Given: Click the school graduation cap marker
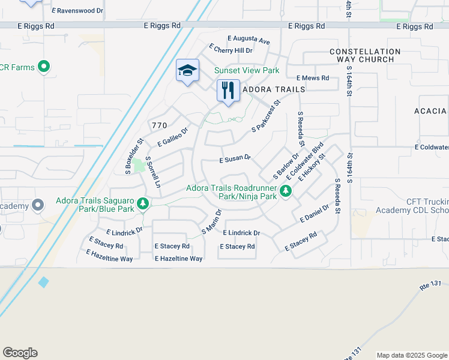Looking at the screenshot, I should pos(187,71).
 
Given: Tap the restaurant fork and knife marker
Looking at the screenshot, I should pos(228,91).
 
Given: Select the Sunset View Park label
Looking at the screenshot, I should pos(247,71).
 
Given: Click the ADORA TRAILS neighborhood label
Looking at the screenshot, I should pos(274,89).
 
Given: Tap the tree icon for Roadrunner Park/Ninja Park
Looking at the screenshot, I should pos(286,191).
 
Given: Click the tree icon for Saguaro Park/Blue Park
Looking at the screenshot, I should pos(143,205).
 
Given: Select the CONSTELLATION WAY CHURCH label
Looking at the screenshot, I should pos(365,56).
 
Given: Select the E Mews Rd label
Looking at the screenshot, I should pos(313,78).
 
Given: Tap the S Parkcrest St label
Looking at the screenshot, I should pos(266,116).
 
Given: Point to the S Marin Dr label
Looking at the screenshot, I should pos(212,221).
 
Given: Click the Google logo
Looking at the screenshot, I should pos(20,353).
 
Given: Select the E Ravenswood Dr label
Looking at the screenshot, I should pos(77,11).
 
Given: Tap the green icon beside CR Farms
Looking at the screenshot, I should pos(43,67).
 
